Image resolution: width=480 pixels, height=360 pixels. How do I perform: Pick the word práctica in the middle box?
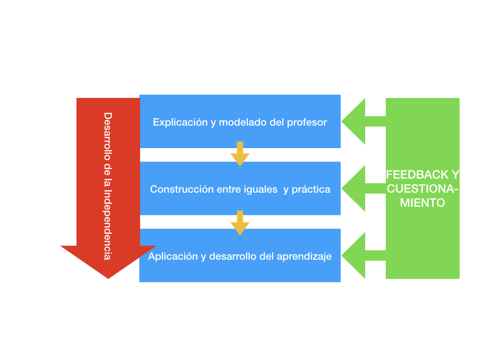(311, 189)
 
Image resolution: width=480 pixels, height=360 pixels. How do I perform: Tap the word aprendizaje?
(304, 256)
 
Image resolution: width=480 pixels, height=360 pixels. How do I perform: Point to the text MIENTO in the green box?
(423, 203)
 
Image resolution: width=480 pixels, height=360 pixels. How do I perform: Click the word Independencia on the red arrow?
(108, 225)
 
